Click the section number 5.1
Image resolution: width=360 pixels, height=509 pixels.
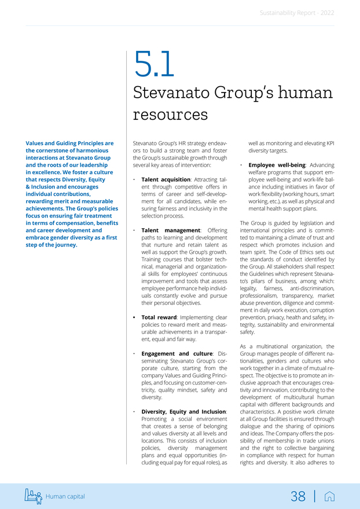(x=153, y=65)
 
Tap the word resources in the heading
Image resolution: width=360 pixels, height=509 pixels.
(x=170, y=113)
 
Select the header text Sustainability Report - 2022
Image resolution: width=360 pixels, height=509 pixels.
(x=296, y=12)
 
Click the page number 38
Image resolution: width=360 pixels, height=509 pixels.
(x=298, y=496)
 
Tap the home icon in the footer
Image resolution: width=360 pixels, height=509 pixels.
(x=329, y=496)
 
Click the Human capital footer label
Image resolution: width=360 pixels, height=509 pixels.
(x=65, y=496)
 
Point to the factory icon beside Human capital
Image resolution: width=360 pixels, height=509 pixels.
(x=33, y=496)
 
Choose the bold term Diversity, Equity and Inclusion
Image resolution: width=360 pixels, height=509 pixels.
(x=184, y=411)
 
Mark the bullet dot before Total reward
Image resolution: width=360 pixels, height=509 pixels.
(x=134, y=318)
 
